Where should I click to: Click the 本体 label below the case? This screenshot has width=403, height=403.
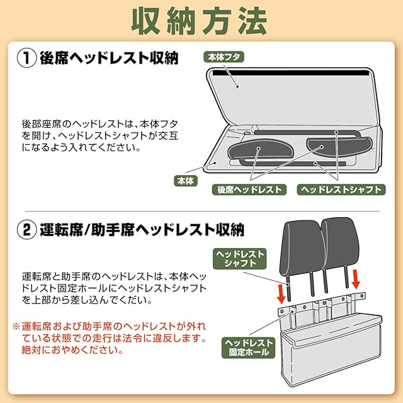185,181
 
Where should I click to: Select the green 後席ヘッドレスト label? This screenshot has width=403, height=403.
250,190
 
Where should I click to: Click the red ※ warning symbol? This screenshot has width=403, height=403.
17,327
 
